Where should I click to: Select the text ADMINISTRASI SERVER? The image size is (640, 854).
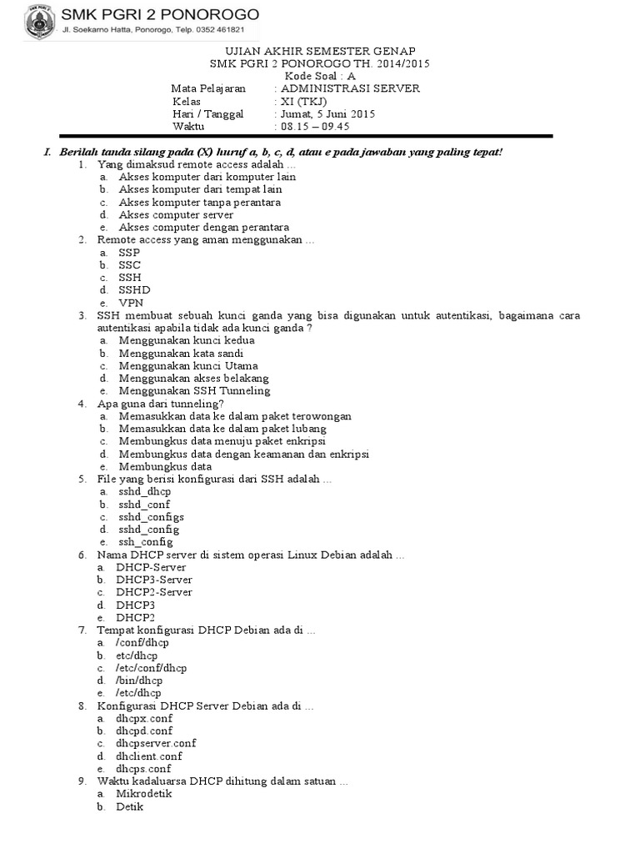tap(350, 88)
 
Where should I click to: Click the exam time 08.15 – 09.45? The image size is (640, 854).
tap(315, 127)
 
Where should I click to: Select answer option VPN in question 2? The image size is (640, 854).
tap(130, 303)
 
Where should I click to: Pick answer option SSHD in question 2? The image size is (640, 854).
tap(134, 290)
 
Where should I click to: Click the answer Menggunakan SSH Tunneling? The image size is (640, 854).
tap(194, 390)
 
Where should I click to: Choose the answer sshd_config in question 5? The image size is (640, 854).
tap(148, 529)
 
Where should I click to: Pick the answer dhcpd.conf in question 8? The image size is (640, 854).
tap(144, 731)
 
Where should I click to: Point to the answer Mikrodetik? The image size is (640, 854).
tap(145, 794)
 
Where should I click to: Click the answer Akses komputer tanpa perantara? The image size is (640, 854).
tap(199, 202)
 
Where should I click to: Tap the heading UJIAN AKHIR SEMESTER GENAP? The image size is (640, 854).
tap(321, 51)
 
